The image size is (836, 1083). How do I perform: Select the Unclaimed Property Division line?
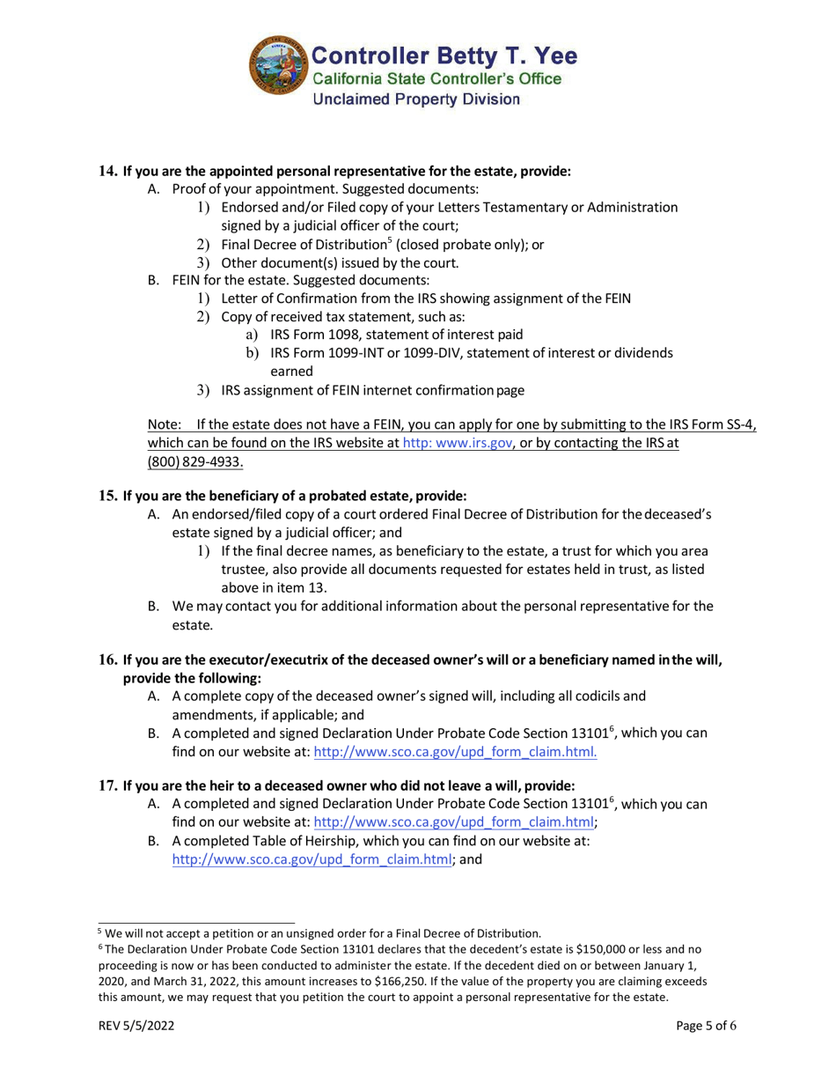click(416, 99)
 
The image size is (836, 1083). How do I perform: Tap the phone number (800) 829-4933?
click(194, 462)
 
